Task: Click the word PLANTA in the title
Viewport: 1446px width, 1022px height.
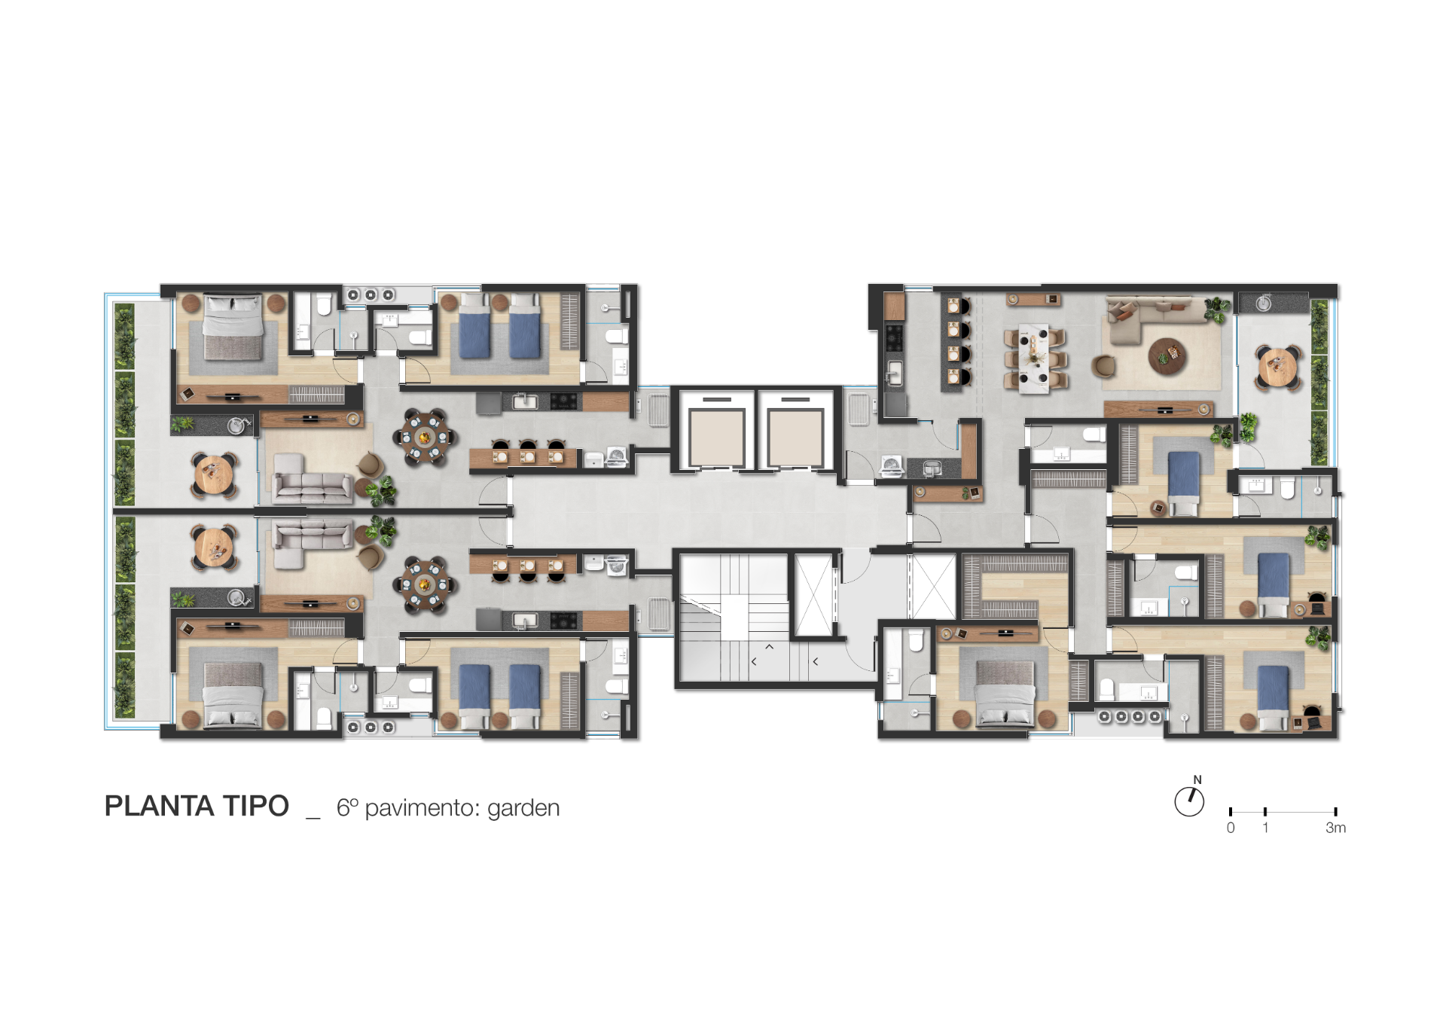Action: pyautogui.click(x=159, y=807)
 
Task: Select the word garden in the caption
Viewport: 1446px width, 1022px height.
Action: pyautogui.click(x=523, y=809)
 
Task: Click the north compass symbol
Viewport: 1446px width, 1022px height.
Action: pyautogui.click(x=1190, y=801)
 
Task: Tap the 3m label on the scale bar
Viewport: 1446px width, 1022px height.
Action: pyautogui.click(x=1335, y=828)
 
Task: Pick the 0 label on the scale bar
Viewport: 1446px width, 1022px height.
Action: pyautogui.click(x=1231, y=828)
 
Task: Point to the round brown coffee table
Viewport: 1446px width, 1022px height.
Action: pyautogui.click(x=1167, y=355)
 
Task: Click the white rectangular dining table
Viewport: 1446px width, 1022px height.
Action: pyautogui.click(x=1034, y=358)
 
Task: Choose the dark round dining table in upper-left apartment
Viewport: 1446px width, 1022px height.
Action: pyautogui.click(x=424, y=437)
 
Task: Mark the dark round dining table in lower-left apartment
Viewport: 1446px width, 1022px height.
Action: pyautogui.click(x=424, y=584)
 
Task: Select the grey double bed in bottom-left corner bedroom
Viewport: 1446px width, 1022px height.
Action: pyautogui.click(x=233, y=695)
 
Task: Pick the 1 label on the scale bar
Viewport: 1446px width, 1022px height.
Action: pyautogui.click(x=1265, y=828)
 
